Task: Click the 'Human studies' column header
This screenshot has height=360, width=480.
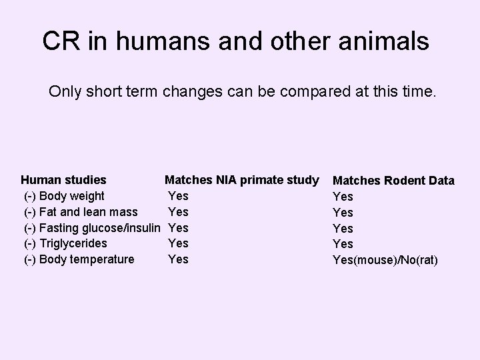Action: [63, 179]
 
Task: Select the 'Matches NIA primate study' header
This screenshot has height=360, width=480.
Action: [241, 179]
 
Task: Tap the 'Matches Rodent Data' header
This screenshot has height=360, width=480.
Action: [393, 181]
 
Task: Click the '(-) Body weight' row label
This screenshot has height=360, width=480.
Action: [64, 195]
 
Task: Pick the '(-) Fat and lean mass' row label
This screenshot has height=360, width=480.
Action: [81, 211]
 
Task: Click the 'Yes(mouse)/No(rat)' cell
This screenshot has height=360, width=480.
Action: [385, 260]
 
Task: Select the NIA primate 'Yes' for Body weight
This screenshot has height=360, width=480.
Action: [178, 195]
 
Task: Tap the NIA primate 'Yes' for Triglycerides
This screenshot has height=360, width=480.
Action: [178, 243]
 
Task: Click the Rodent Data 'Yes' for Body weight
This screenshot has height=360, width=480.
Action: [343, 197]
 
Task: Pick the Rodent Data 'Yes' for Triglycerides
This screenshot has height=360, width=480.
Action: [343, 244]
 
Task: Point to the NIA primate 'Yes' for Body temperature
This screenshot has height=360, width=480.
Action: [178, 259]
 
